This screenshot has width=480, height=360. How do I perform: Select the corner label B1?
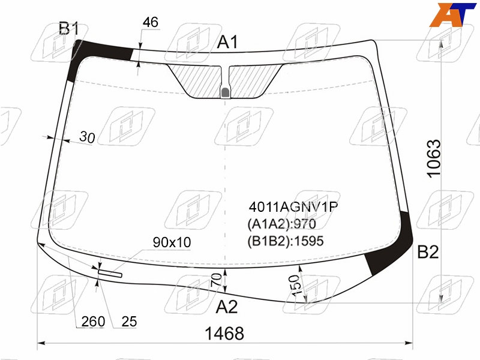[69, 29]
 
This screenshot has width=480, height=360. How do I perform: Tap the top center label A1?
[227, 42]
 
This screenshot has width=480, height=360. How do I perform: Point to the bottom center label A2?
[227, 307]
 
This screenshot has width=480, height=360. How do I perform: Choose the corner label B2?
[428, 252]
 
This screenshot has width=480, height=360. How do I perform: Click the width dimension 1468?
[224, 333]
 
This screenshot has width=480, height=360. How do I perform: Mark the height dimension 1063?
[434, 158]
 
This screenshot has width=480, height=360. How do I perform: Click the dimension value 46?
[151, 22]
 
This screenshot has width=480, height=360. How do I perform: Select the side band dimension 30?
[87, 137]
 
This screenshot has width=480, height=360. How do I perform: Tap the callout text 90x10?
[172, 242]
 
